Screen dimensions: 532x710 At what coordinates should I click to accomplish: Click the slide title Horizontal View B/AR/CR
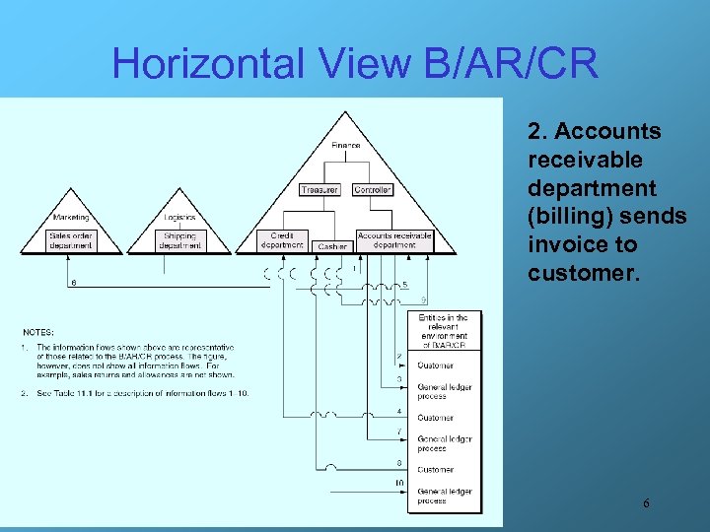(355, 64)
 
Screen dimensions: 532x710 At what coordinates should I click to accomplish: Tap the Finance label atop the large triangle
(345, 146)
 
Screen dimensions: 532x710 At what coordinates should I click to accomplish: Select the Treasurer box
(319, 189)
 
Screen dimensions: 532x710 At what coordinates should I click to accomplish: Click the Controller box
(373, 189)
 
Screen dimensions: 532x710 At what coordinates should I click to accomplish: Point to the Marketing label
(71, 217)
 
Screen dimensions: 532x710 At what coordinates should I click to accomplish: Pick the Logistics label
(179, 217)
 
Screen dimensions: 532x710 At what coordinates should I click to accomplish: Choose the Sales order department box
(71, 240)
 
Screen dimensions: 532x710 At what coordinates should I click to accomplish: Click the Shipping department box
(179, 240)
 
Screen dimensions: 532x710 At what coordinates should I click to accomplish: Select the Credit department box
(282, 240)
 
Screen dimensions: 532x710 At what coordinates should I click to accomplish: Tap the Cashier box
(332, 246)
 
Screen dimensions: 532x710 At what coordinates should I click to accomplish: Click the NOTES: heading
(38, 332)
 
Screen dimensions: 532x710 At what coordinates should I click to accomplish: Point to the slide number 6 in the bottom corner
(646, 503)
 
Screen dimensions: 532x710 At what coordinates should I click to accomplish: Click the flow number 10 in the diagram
(399, 482)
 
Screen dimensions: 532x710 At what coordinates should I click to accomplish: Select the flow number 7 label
(399, 431)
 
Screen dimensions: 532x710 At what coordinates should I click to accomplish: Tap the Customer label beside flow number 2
(435, 366)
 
